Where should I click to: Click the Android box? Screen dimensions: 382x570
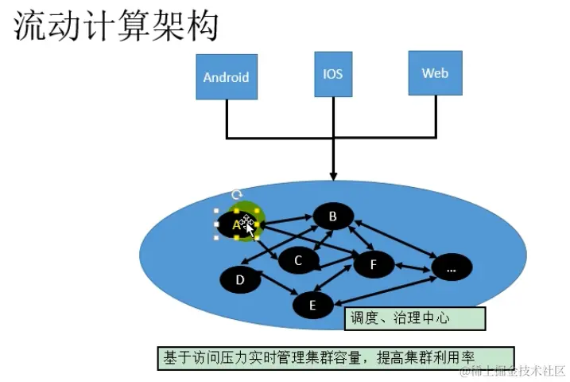tap(227, 76)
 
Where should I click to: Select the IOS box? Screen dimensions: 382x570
tap(332, 73)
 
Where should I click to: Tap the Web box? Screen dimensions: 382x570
tap(435, 73)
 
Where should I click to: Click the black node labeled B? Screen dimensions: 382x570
tap(333, 216)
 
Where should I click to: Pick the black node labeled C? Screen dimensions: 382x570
tap(298, 259)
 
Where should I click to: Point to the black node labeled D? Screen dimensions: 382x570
tap(240, 279)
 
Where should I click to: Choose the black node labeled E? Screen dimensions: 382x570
tap(312, 304)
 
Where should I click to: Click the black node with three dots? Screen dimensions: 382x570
tap(452, 268)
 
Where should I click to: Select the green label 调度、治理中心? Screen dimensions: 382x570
tap(415, 318)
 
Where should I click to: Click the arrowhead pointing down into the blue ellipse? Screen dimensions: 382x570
tap(333, 175)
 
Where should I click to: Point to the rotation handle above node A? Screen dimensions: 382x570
tap(236, 195)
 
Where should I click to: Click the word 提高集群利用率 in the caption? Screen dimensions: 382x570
tap(432, 357)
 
